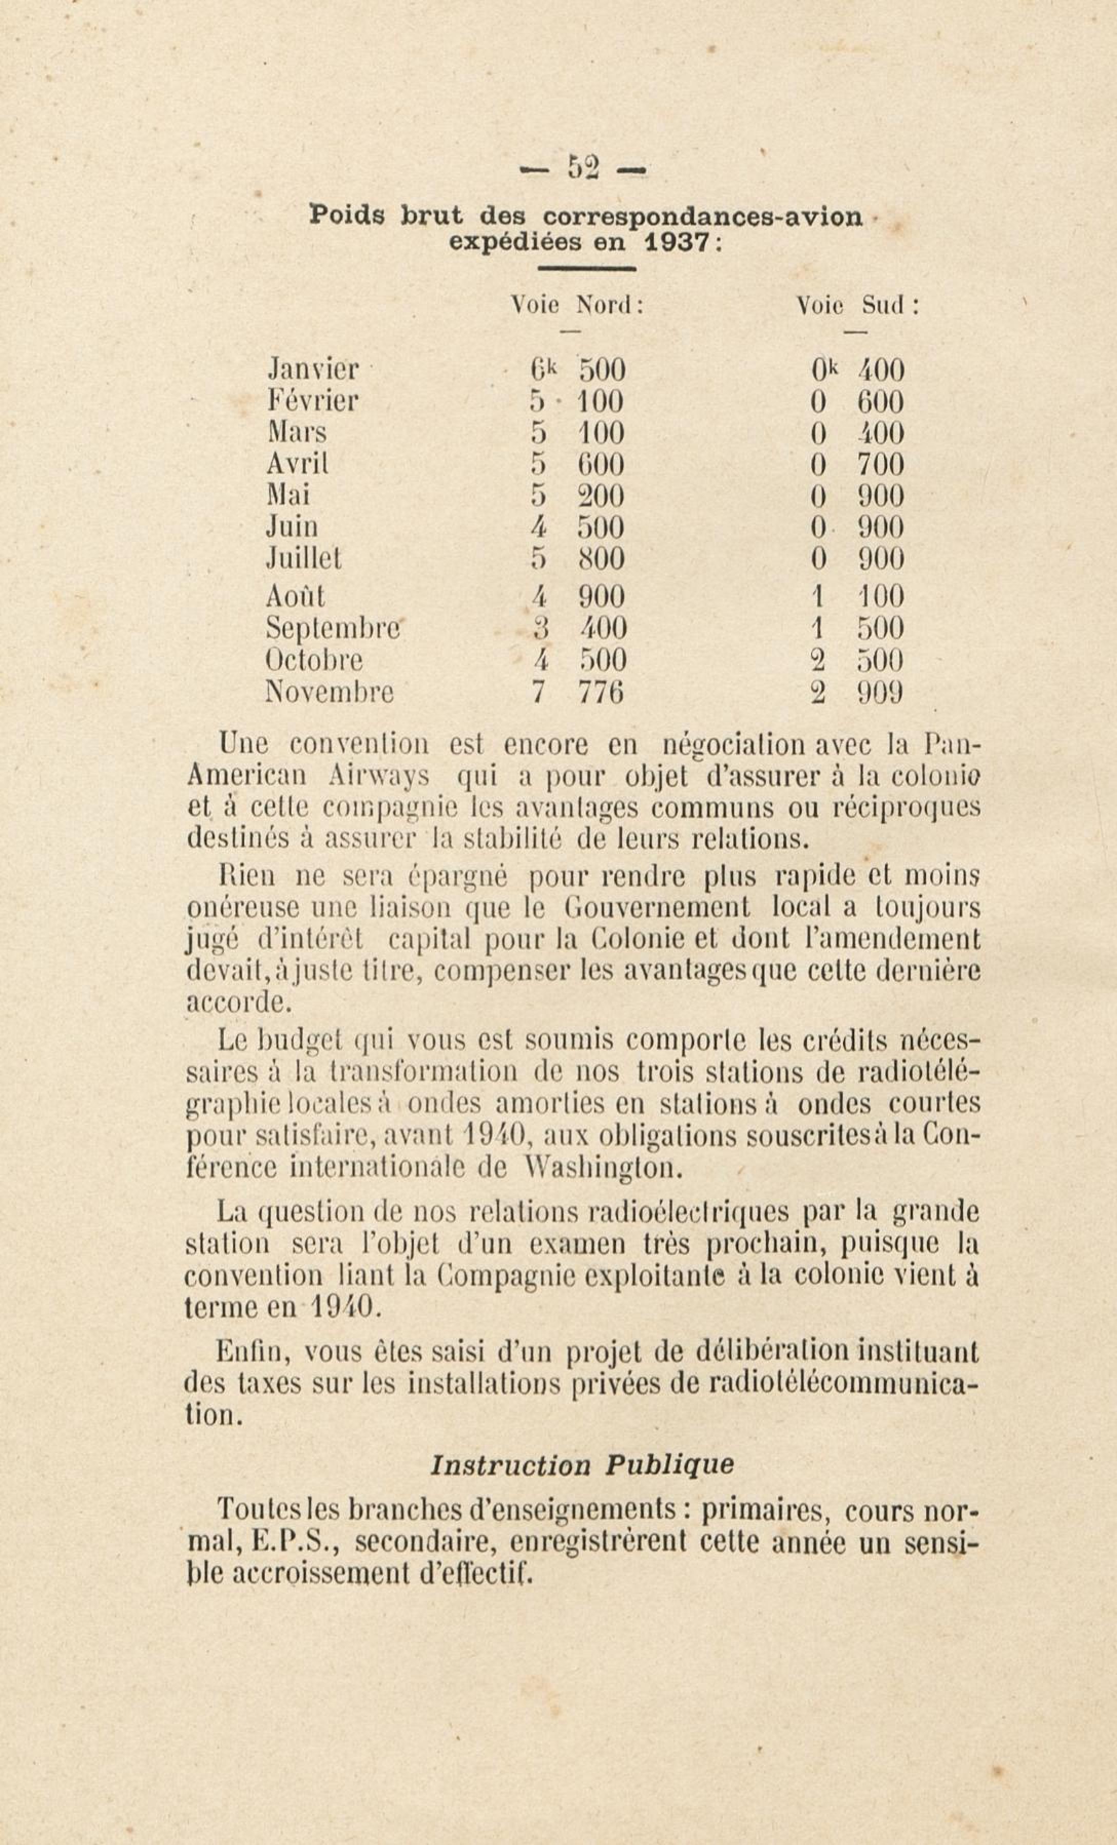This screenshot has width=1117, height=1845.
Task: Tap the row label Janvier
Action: point(313,370)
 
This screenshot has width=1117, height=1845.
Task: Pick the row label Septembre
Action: point(333,627)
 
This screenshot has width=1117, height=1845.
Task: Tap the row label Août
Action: point(295,596)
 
